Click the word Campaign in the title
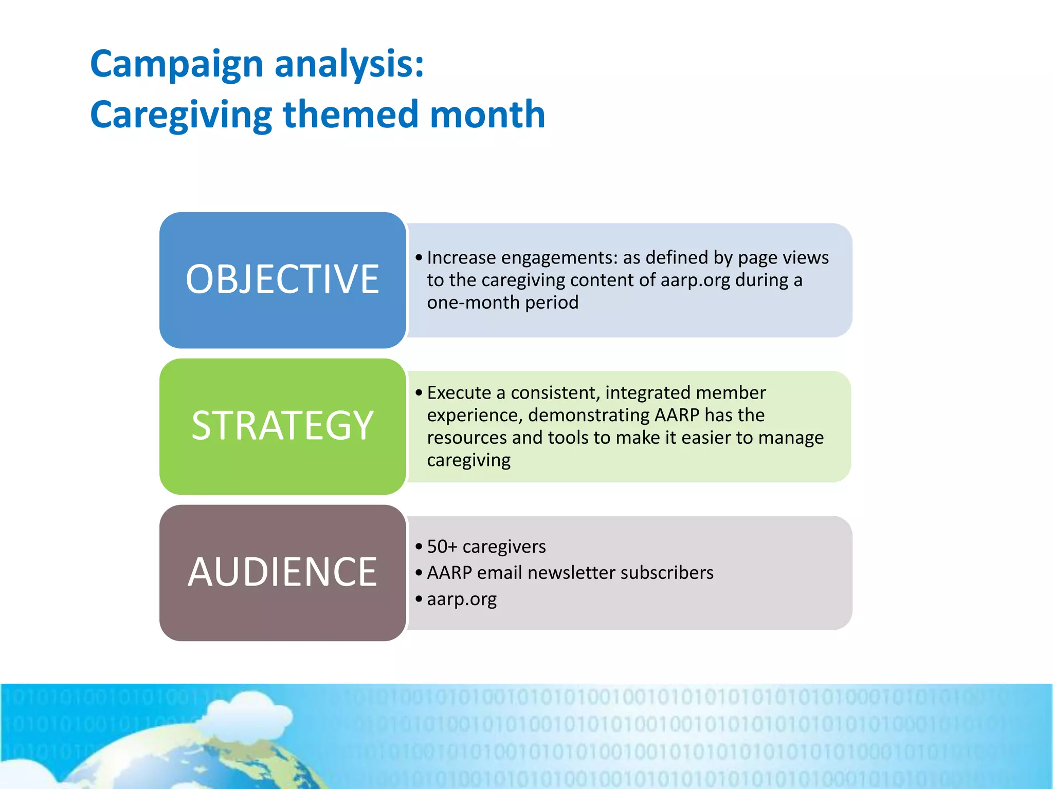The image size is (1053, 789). coord(176,64)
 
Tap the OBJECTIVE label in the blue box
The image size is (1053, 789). coord(282,279)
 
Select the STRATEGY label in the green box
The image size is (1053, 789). coord(282,426)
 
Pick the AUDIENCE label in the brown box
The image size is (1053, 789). coord(282,572)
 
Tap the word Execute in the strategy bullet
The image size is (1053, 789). coord(459,393)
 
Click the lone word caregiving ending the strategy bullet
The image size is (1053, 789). coord(468,460)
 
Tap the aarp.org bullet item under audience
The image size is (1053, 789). coord(461,599)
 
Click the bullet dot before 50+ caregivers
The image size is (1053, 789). coord(419,547)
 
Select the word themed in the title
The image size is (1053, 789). coord(350,114)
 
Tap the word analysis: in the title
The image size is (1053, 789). coord(349,64)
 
